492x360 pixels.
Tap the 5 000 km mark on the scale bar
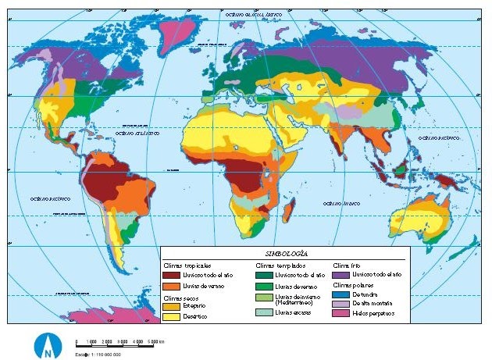(x=158, y=342)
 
